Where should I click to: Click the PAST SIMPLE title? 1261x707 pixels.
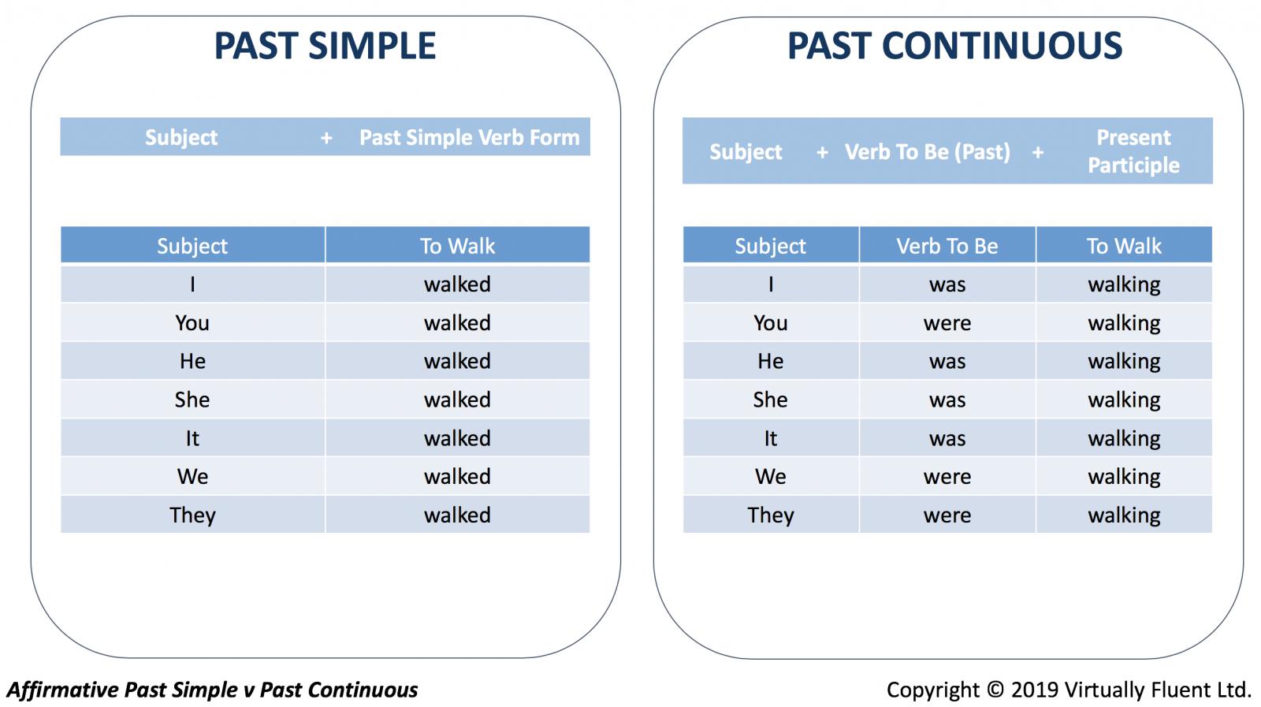(325, 46)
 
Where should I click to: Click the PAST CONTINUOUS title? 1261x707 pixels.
(954, 46)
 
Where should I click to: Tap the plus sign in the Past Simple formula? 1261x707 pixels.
(326, 138)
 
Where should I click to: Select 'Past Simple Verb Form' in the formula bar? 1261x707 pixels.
(470, 137)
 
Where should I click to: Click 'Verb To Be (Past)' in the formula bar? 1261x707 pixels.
(928, 152)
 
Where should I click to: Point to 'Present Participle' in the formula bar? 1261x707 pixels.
(1133, 151)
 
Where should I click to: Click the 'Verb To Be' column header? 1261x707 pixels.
(947, 246)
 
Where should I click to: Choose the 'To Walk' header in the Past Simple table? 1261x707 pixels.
(457, 246)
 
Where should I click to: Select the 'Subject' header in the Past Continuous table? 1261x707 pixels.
(770, 246)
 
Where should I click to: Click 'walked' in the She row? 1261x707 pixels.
(457, 400)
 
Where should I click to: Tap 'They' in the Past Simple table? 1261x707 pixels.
(192, 515)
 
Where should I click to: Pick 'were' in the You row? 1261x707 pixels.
(947, 323)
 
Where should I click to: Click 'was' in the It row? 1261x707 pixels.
(947, 438)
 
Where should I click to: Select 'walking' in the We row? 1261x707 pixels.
(1124, 478)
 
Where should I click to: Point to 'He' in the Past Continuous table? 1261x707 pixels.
(770, 361)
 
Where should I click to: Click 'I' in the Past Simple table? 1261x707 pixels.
(192, 285)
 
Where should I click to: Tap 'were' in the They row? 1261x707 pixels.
(947, 515)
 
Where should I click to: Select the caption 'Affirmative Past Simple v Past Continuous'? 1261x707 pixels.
(212, 690)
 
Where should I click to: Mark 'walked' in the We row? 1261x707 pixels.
(457, 477)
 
